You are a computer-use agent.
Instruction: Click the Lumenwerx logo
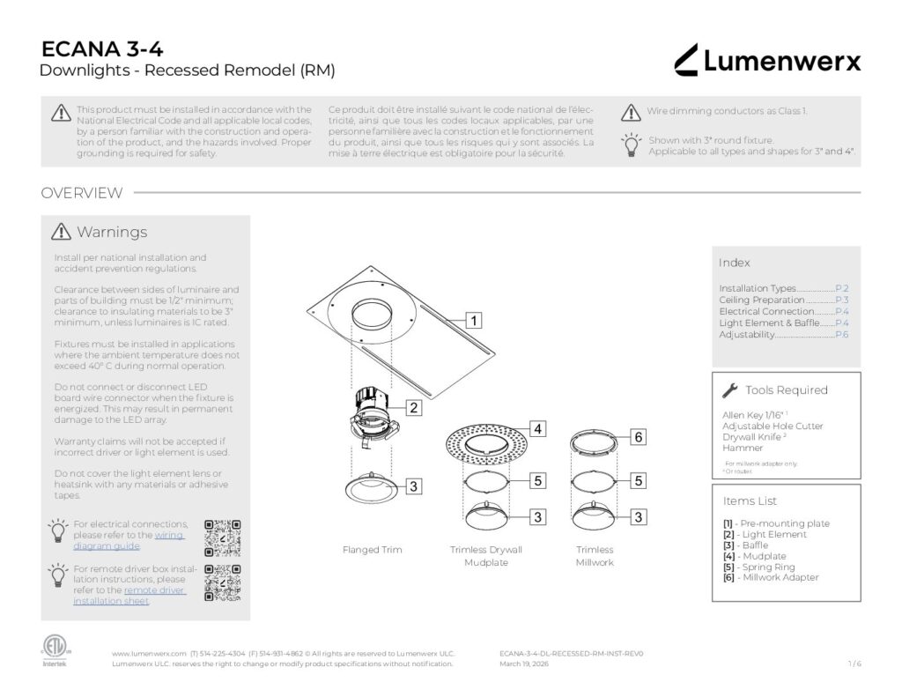click(x=767, y=60)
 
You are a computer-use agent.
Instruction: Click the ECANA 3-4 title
click(x=102, y=49)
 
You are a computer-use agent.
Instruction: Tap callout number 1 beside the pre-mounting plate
click(x=474, y=320)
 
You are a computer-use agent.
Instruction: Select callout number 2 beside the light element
click(x=413, y=407)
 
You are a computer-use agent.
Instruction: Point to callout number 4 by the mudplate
click(x=537, y=429)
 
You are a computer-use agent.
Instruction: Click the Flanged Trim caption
click(x=372, y=550)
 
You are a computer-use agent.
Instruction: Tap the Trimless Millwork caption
click(x=595, y=556)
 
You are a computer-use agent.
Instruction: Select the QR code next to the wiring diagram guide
click(x=222, y=538)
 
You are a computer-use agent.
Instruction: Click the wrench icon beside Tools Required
click(x=729, y=390)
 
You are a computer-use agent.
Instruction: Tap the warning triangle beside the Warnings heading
click(x=61, y=232)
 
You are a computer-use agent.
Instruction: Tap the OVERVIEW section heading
click(x=82, y=193)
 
